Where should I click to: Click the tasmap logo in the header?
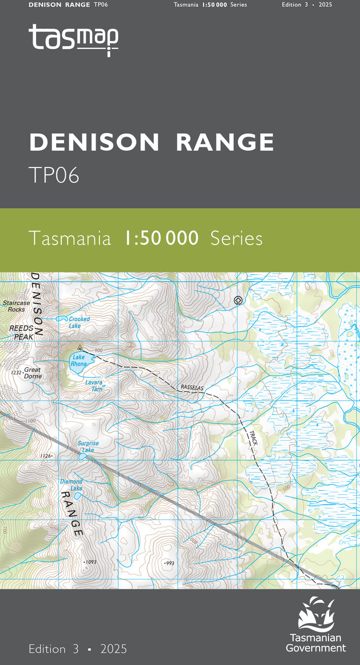coord(74,39)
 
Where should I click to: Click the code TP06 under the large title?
coord(54,175)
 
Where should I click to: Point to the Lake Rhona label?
coord(79,360)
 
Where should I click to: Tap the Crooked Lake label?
coord(79,322)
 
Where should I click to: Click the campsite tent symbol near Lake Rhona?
coord(80,347)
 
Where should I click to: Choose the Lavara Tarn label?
coord(93,385)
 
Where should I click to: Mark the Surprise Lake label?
coord(88,446)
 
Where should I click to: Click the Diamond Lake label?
coord(71,485)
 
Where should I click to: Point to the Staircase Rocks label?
coord(16,306)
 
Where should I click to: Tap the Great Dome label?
coord(33,373)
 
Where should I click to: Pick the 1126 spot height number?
coord(46,456)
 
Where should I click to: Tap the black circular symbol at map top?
coord(238,300)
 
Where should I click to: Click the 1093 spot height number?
coord(91,562)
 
